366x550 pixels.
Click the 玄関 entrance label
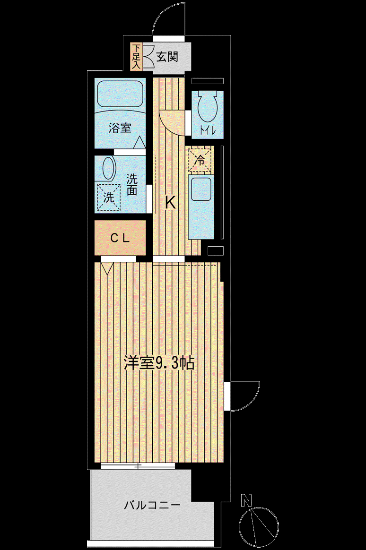[167, 57]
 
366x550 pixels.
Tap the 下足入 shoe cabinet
[136, 56]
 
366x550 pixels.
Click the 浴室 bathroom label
[120, 128]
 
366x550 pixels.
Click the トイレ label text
[208, 130]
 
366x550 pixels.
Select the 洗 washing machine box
[109, 198]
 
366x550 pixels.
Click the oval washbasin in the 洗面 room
[109, 168]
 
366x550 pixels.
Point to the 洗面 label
[131, 185]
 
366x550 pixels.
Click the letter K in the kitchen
[170, 202]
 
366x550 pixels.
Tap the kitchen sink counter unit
[200, 207]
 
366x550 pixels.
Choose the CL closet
[120, 238]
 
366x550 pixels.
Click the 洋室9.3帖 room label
[159, 363]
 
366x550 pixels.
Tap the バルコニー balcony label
[152, 506]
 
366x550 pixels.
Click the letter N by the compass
[247, 500]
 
